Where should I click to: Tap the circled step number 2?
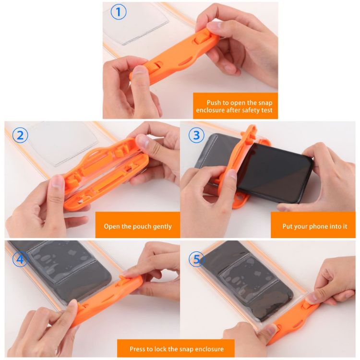20,135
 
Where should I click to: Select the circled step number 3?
196,135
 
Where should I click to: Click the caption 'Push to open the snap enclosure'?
235,106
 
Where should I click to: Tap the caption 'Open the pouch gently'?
138,226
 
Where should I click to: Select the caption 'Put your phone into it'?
315,226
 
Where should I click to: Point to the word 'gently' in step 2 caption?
161,226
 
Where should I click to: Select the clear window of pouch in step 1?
139,24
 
